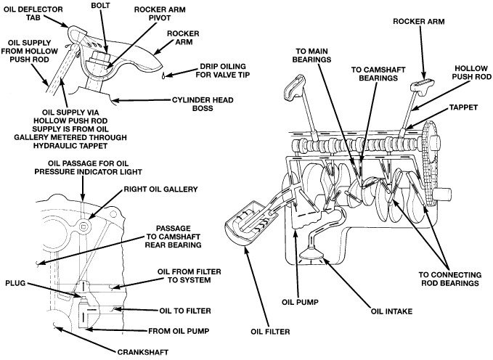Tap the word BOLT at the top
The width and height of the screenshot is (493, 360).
click(x=101, y=5)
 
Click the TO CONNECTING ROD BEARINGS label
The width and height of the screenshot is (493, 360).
click(x=448, y=279)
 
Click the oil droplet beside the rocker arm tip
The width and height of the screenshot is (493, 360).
click(x=166, y=75)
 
